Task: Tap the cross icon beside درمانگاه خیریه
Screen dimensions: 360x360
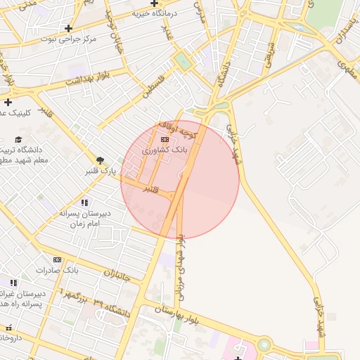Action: click(153, 4)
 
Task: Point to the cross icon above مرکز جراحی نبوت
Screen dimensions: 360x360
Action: click(68, 28)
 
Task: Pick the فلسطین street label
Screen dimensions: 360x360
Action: click(157, 86)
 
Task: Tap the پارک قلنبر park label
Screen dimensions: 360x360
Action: click(99, 170)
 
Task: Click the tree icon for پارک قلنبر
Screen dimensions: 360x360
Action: click(100, 160)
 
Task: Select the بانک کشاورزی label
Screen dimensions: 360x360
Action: click(165, 150)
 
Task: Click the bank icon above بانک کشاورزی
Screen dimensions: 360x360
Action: click(165, 140)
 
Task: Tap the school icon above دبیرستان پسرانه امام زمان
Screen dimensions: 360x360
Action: click(84, 202)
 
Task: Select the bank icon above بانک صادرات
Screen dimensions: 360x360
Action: click(57, 259)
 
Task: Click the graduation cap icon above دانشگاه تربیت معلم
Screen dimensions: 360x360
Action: click(18, 140)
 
